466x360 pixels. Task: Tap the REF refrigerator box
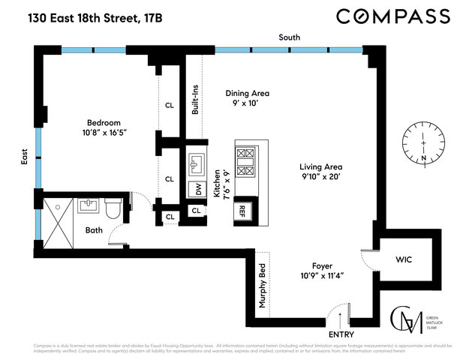click(x=243, y=211)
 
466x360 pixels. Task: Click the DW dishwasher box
click(x=198, y=190)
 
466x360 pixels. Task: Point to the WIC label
click(x=403, y=259)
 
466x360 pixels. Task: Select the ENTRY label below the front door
click(x=341, y=334)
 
